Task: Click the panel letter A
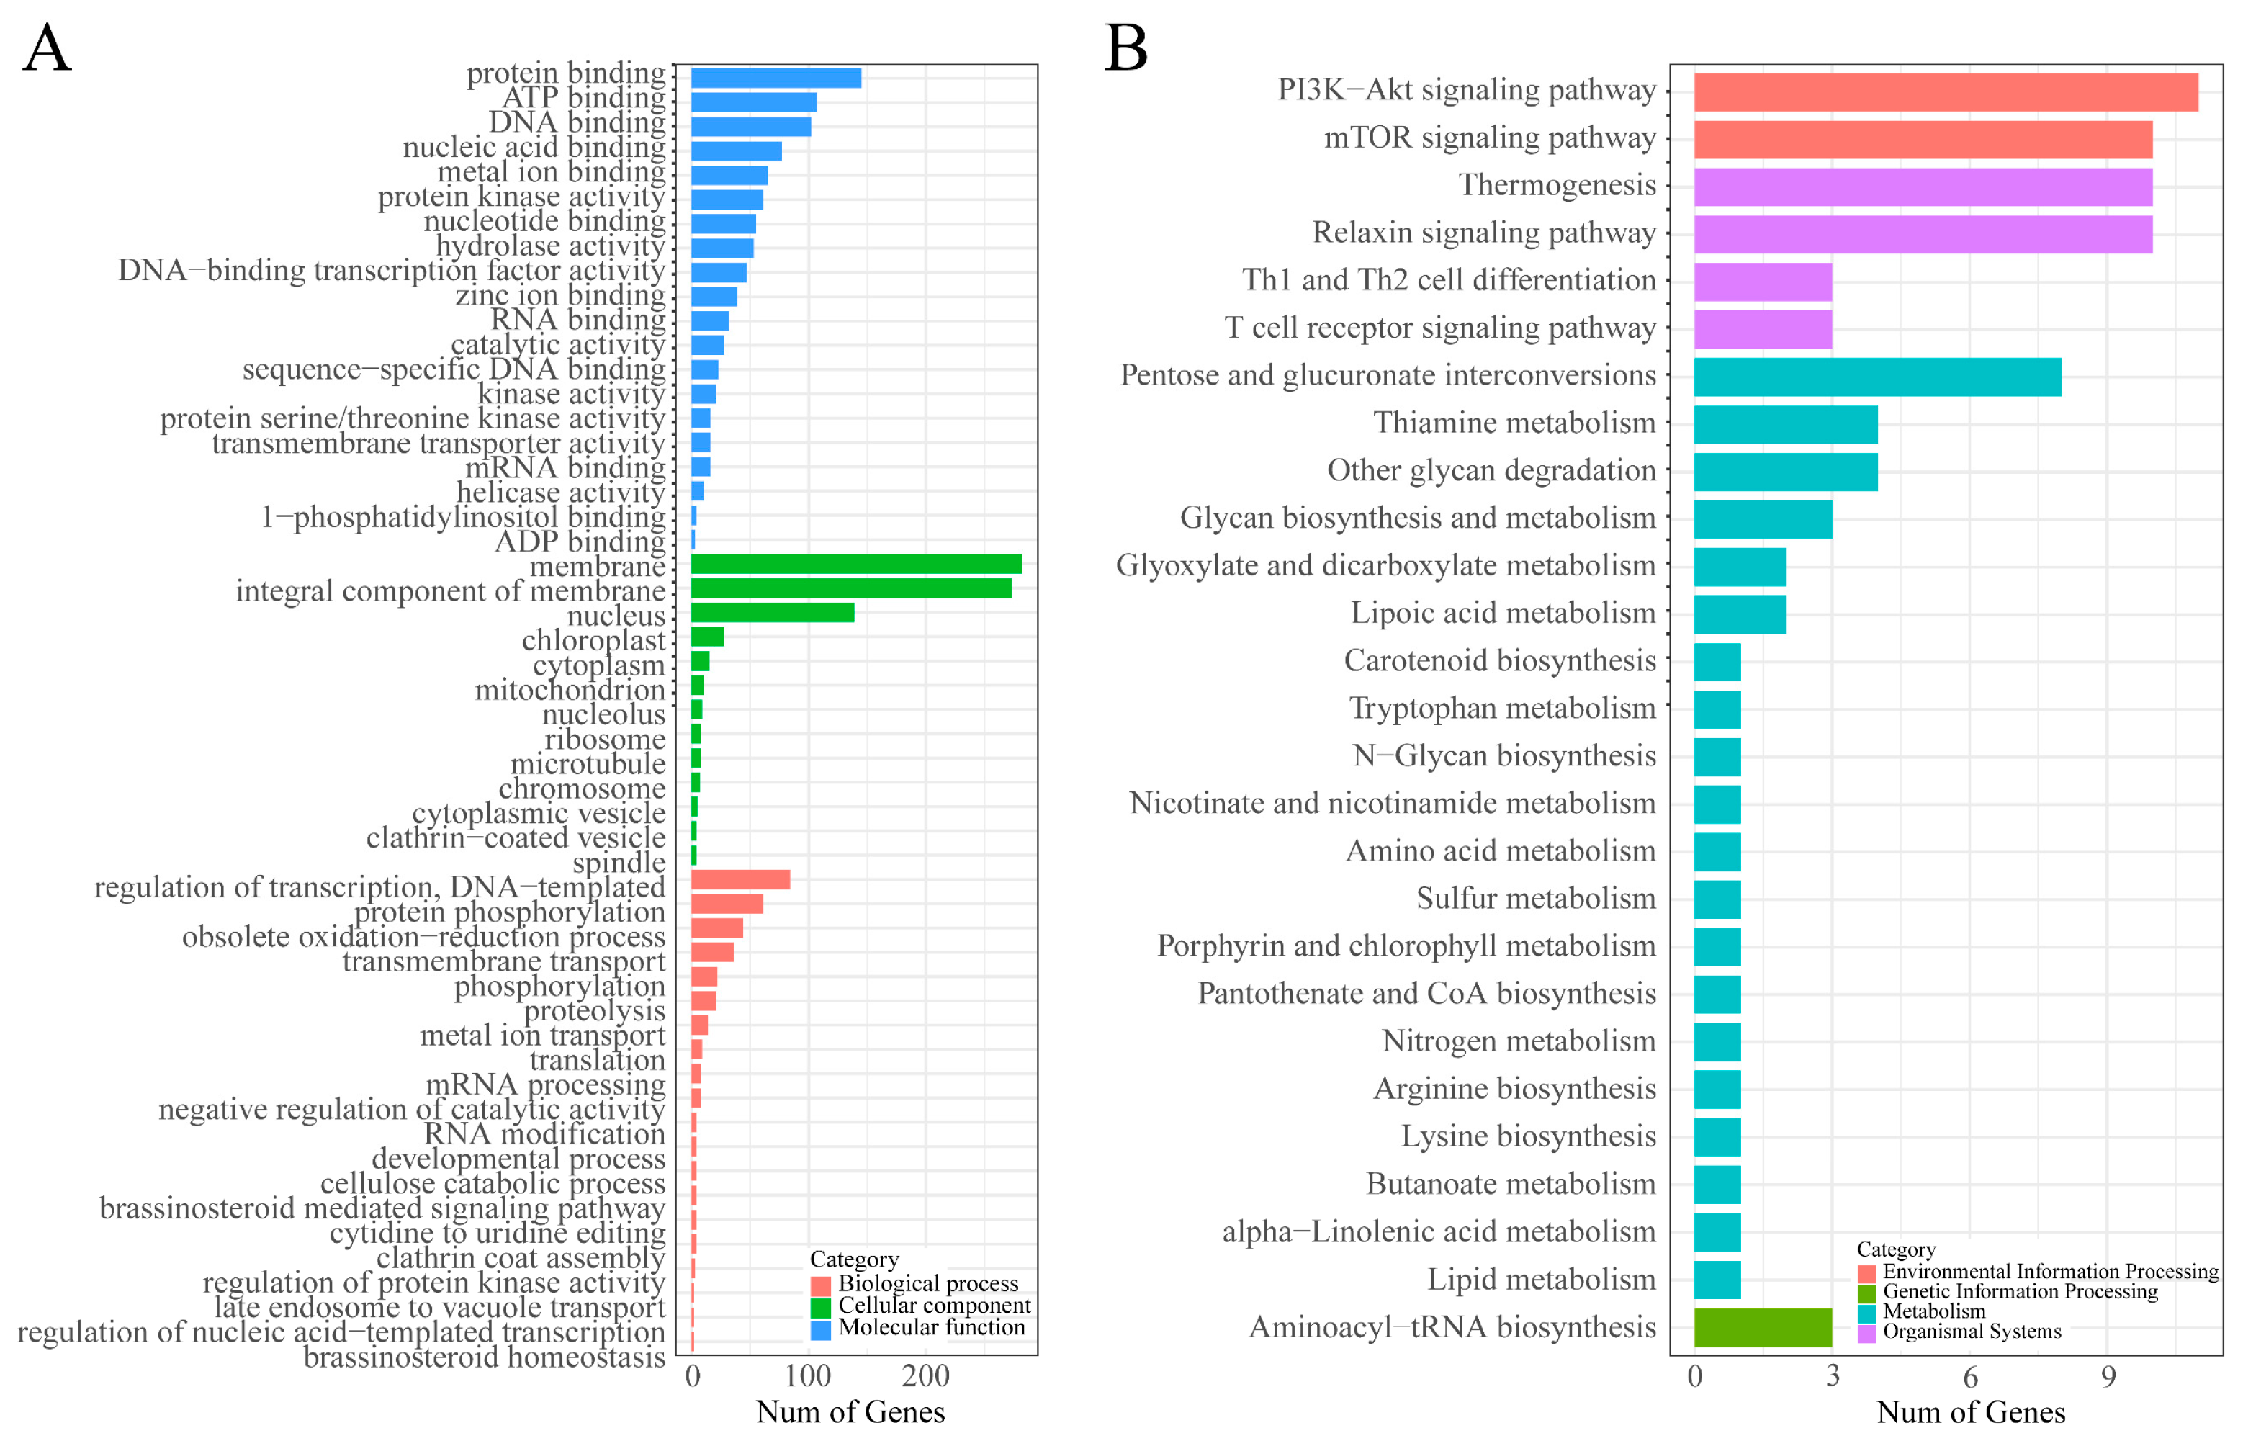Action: click(46, 49)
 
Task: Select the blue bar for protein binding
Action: click(776, 78)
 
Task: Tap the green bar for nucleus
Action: click(772, 613)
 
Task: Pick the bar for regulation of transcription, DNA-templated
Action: click(740, 880)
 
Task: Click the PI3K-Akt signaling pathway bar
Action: click(1946, 92)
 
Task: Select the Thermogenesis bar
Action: click(1922, 187)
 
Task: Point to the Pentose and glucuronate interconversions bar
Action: click(1876, 377)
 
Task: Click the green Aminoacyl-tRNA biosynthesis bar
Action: click(1762, 1326)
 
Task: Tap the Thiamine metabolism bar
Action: click(1785, 424)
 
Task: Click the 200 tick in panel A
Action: click(925, 1377)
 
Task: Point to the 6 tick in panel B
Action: click(1970, 1378)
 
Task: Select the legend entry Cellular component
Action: click(933, 1305)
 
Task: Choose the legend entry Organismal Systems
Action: click(1971, 1332)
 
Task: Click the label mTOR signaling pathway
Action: click(1489, 138)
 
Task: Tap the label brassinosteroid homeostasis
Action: click(484, 1357)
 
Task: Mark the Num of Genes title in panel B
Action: click(1970, 1412)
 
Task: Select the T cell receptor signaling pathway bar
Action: click(1762, 330)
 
